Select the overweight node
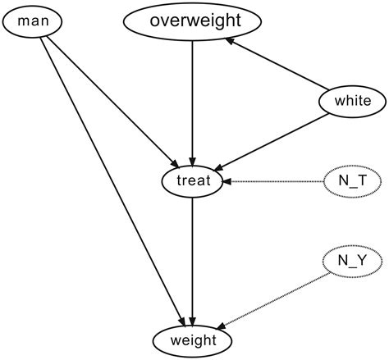coord(192,22)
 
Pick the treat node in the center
coord(192,180)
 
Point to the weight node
coord(192,339)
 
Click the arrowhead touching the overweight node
coord(231,40)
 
